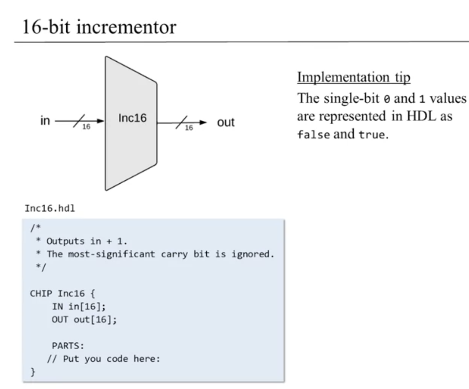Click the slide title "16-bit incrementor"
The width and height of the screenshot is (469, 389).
[x=99, y=27]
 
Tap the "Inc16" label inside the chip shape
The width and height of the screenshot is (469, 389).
[x=132, y=118]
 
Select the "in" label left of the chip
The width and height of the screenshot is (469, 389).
[x=45, y=121]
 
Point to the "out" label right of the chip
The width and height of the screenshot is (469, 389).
[x=226, y=122]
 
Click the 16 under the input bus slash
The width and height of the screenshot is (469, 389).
[x=86, y=127]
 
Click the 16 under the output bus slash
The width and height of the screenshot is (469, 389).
[x=189, y=128]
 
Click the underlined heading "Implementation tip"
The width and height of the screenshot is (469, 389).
[x=353, y=77]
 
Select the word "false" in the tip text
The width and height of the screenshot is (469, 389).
[x=314, y=135]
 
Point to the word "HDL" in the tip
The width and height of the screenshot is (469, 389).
[x=421, y=116]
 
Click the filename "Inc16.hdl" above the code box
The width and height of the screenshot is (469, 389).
[x=50, y=208]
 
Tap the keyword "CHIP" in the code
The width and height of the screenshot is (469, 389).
[x=41, y=293]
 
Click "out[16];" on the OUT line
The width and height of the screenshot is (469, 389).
[x=95, y=320]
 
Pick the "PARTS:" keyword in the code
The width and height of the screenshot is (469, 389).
[x=68, y=346]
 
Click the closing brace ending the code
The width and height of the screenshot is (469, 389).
[x=33, y=372]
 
